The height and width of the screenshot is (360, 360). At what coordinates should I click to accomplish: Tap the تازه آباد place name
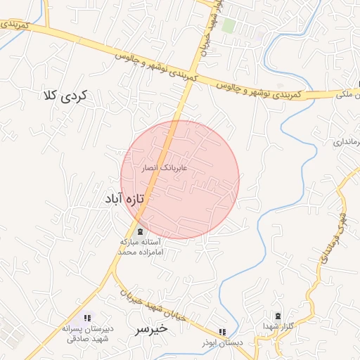124,199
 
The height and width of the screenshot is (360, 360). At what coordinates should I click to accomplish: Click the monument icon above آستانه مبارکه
139,231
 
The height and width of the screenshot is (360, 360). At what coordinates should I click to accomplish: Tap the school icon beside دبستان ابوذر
222,332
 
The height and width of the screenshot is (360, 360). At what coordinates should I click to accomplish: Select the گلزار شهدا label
278,326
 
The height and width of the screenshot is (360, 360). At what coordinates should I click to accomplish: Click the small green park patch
229,26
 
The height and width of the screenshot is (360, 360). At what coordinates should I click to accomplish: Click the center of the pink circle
180,179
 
